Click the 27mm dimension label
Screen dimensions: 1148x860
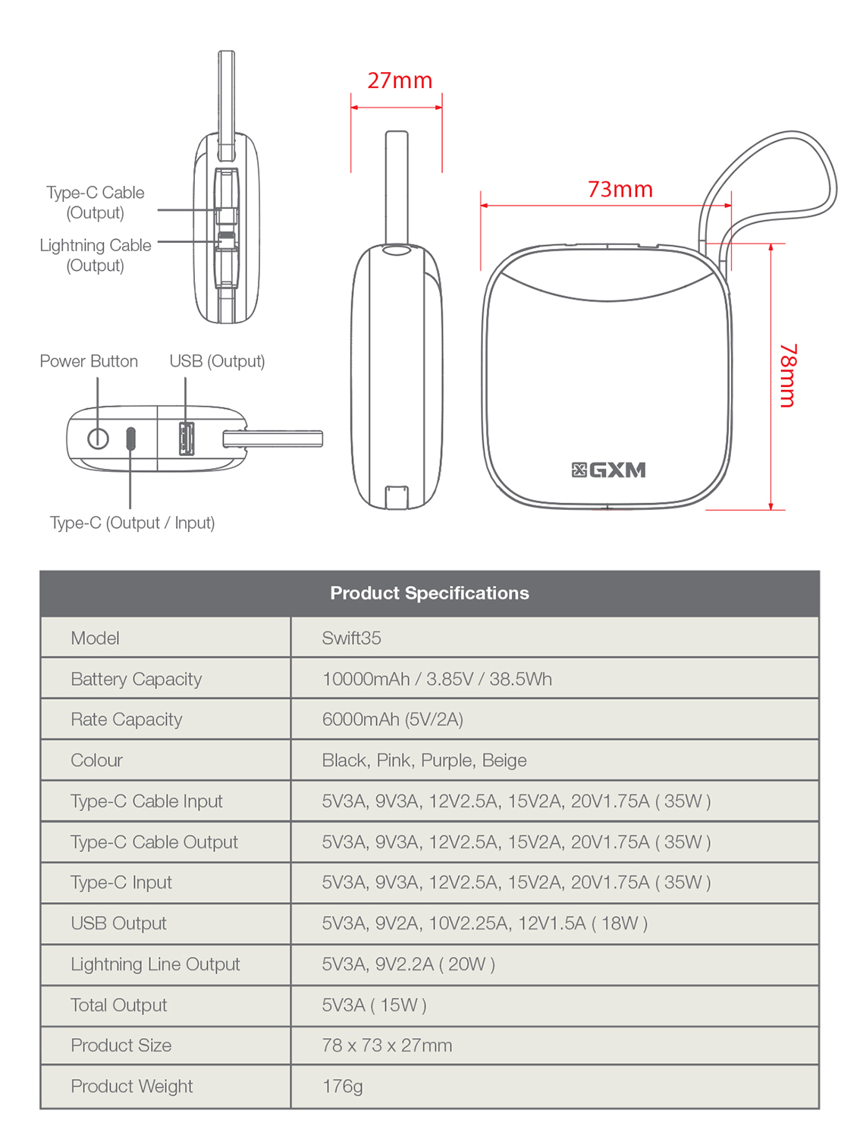tap(400, 80)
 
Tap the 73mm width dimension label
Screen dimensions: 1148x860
tap(620, 189)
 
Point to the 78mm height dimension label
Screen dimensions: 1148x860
tap(788, 376)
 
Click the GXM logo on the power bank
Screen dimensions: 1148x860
tap(609, 470)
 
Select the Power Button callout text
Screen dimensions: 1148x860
tap(89, 361)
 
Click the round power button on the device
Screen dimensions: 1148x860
tap(98, 438)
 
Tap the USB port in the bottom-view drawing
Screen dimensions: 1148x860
tap(186, 438)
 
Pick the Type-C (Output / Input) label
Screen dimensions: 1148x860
tap(132, 523)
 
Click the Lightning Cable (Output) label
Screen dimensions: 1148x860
tap(96, 255)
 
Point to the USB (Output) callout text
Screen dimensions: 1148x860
tap(217, 361)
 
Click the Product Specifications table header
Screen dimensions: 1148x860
tap(429, 593)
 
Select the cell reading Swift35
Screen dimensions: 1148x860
tap(351, 638)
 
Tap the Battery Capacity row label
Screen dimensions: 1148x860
tap(137, 679)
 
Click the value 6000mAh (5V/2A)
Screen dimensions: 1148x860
tap(392, 719)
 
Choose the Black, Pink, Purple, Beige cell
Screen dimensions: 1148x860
tap(424, 760)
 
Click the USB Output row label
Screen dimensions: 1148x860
tap(118, 923)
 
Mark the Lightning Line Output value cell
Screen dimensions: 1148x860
tap(408, 964)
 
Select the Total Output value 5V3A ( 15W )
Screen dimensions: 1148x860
tap(374, 1005)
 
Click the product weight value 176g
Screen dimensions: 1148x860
tap(342, 1087)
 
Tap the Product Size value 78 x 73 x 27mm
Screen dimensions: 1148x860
tap(387, 1046)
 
